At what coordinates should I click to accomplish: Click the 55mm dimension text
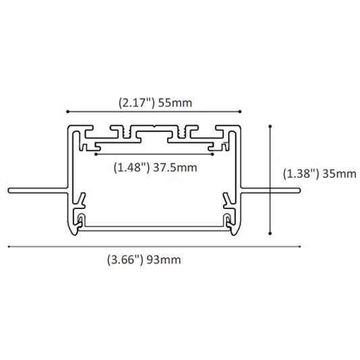point(175,103)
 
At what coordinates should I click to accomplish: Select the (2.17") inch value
point(137,103)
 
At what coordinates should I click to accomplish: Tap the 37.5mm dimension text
point(175,168)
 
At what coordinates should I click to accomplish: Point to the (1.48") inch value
point(131,168)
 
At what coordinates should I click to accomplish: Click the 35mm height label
point(339,174)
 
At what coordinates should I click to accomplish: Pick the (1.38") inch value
point(301,174)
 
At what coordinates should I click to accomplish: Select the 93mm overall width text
point(163,260)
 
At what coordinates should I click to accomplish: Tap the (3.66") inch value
point(125,260)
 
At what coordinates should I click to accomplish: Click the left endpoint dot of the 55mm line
point(67,112)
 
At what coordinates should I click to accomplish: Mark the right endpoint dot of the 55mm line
point(240,112)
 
